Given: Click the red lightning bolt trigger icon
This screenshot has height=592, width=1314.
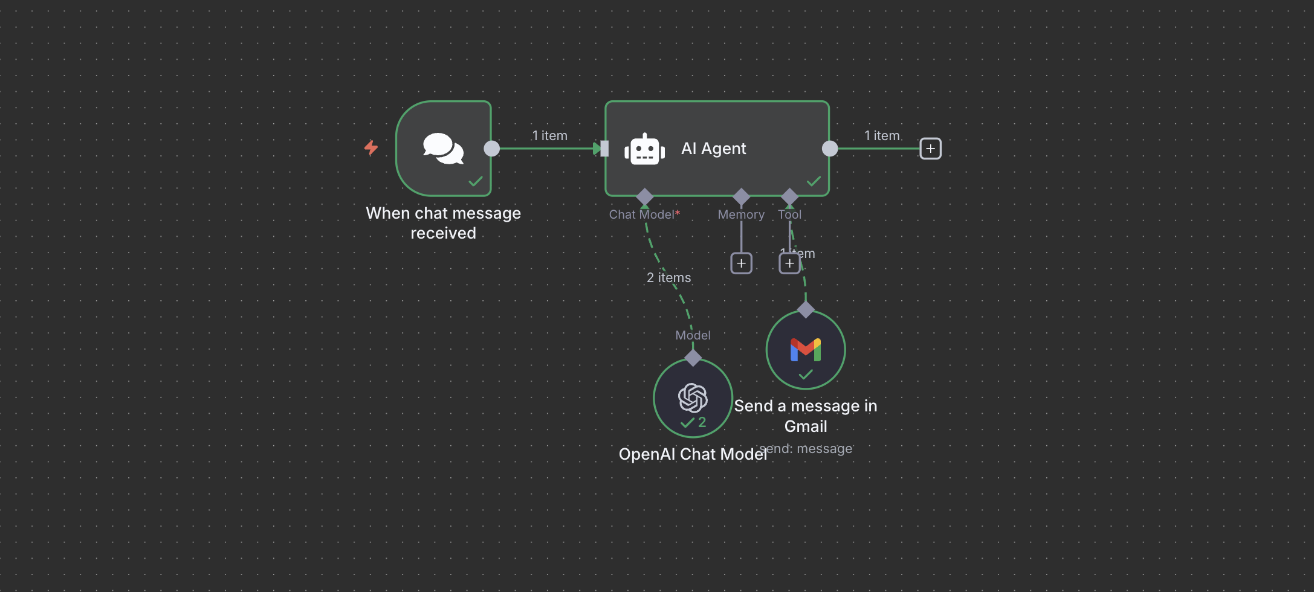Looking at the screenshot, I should (x=371, y=147).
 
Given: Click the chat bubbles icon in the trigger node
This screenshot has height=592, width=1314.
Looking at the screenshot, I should (x=443, y=149).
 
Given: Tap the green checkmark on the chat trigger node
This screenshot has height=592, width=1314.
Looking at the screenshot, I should (x=476, y=181).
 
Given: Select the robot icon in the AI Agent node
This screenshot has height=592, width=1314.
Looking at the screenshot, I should (x=644, y=149).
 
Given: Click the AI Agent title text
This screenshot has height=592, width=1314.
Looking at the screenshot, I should (x=713, y=149).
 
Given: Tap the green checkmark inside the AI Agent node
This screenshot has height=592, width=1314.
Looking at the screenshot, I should (x=814, y=181).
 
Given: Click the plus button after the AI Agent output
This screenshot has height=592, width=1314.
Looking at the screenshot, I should (x=930, y=149).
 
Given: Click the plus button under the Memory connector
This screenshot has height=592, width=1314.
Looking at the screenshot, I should (x=741, y=263).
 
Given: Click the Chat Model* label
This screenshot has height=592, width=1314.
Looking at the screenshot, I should (x=644, y=214).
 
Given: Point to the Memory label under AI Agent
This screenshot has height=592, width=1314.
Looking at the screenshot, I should (x=740, y=214).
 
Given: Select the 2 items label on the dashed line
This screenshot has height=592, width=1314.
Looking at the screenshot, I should (x=668, y=277).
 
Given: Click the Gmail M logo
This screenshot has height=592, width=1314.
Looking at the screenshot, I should (x=805, y=350).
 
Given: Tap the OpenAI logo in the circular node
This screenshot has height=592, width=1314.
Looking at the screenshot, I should (x=693, y=397).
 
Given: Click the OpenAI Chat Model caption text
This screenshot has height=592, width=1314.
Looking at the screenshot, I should (x=693, y=454).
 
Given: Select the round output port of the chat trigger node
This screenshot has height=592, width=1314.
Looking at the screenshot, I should (x=492, y=149).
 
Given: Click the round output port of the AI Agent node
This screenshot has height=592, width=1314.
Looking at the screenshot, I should (x=830, y=149).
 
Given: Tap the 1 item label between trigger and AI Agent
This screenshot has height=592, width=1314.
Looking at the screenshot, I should (x=549, y=136).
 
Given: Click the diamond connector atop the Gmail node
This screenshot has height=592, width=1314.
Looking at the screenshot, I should (x=805, y=310).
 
